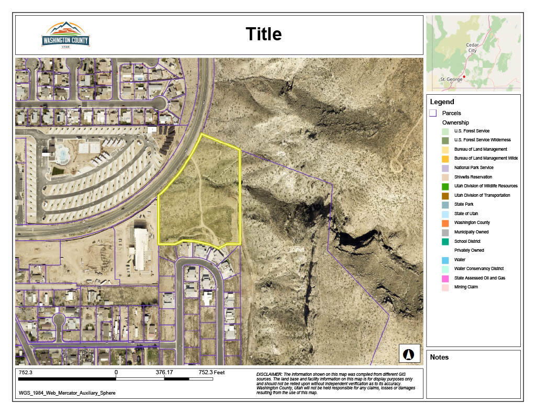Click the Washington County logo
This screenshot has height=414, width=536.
point(65,35)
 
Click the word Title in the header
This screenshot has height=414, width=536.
point(264,35)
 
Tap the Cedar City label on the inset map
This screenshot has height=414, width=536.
point(472,48)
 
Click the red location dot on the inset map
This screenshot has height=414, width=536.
point(464,76)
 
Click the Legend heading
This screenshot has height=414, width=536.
point(442,102)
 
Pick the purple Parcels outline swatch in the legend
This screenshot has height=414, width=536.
point(433,113)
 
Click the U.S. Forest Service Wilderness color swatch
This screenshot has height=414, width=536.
point(445,140)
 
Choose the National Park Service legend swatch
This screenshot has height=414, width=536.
point(445,168)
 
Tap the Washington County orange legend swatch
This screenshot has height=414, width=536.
point(445,223)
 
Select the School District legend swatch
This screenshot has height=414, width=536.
point(445,241)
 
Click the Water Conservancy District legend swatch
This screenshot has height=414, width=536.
point(445,269)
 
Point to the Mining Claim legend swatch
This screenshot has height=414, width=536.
point(445,287)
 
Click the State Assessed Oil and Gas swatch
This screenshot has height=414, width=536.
point(445,278)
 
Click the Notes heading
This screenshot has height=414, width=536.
point(439,357)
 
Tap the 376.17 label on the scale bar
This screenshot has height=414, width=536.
point(164,373)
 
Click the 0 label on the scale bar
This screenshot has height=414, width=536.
point(116,373)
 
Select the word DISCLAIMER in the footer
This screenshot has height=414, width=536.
point(269,375)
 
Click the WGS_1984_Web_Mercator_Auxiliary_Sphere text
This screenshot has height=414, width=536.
point(67,393)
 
